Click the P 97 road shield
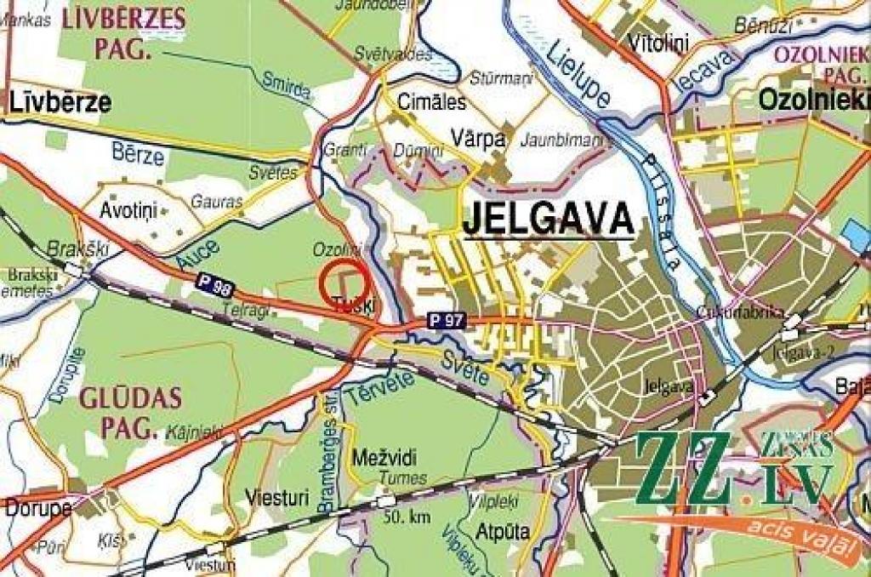click(x=447, y=321)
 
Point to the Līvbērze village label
click(x=60, y=103)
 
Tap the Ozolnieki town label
click(x=813, y=100)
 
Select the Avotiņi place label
click(x=125, y=209)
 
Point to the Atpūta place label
click(x=502, y=532)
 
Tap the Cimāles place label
click(x=435, y=103)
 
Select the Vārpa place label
click(x=479, y=139)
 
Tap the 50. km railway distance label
click(x=407, y=517)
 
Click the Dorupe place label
click(x=38, y=508)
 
